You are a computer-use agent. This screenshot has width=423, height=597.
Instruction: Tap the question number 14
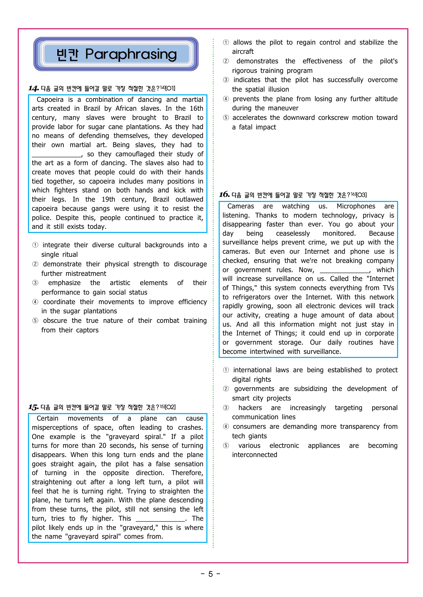[x=33, y=89]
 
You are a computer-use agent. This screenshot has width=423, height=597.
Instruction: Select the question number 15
[x=33, y=407]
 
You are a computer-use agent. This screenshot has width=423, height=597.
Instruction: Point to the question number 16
[x=224, y=195]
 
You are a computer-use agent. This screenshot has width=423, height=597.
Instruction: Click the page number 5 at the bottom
[x=210, y=574]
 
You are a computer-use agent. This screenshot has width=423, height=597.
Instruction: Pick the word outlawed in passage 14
[x=189, y=199]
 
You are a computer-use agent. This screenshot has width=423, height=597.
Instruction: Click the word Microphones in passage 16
[x=356, y=206]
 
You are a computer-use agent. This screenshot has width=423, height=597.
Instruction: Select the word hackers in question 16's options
[x=250, y=408]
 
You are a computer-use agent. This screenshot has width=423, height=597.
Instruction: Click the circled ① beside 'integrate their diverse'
[x=35, y=245]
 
